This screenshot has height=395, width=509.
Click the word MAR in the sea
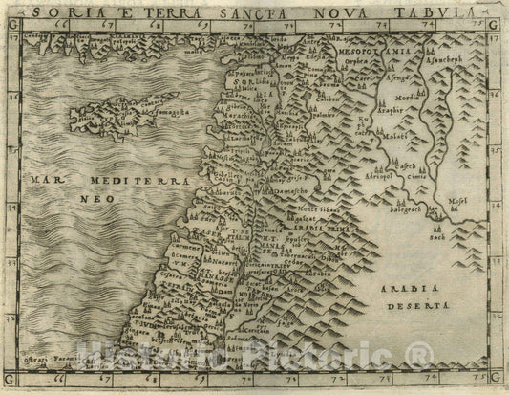(44, 180)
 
